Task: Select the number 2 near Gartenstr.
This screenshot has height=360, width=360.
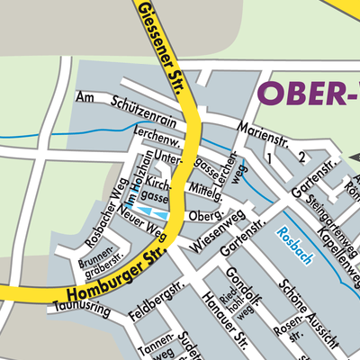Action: coord(302,158)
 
